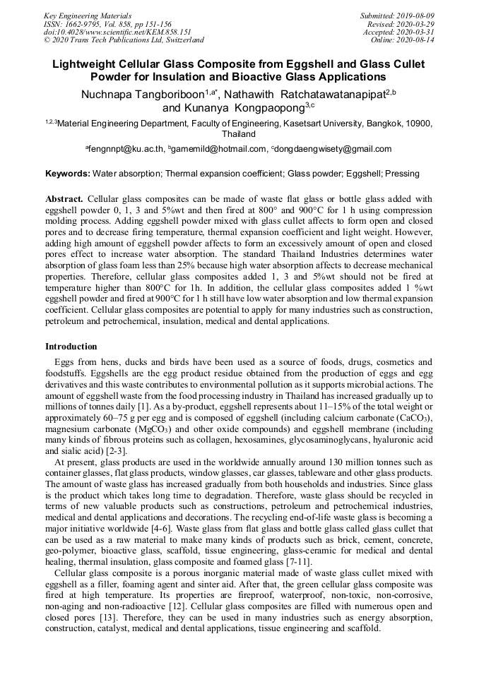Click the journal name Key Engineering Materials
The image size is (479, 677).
(x=88, y=15)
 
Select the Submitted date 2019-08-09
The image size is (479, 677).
(x=416, y=15)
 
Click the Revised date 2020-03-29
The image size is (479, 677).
(x=416, y=23)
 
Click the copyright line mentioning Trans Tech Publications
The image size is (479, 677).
(x=124, y=40)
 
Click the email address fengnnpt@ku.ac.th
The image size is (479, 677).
(x=126, y=149)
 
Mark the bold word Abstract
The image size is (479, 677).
(x=64, y=200)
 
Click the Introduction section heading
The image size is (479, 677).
(x=71, y=347)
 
